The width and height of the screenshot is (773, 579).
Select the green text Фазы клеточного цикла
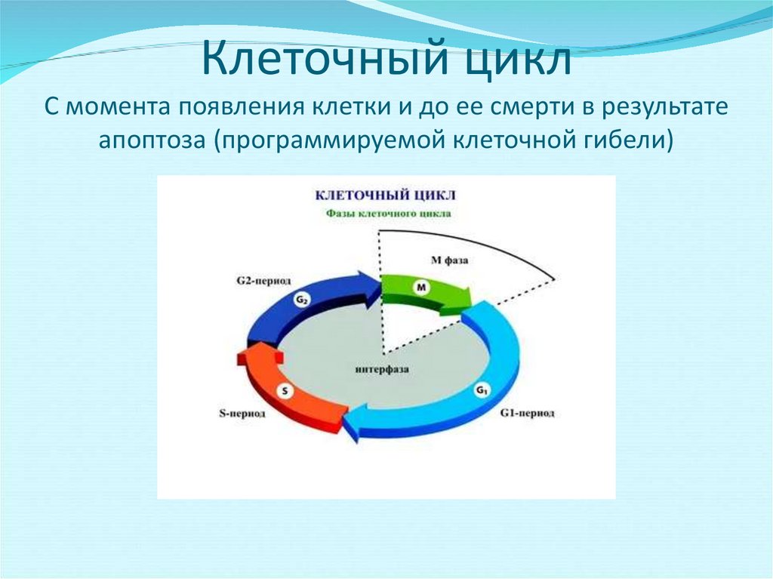pos(389,214)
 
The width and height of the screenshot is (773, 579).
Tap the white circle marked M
pos(421,288)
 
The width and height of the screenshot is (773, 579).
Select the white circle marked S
pos(285,391)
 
